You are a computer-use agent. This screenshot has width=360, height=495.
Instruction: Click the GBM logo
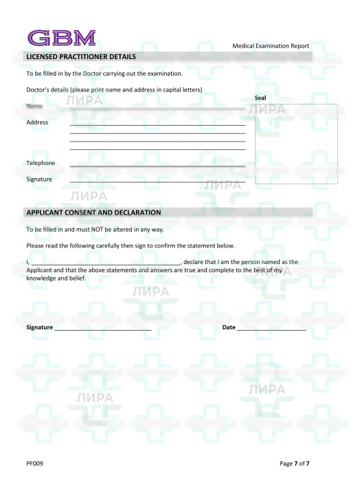coord(61,38)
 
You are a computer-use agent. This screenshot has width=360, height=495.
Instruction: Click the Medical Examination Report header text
coord(271,46)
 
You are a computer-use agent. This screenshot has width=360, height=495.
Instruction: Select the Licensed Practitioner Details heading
coord(81,56)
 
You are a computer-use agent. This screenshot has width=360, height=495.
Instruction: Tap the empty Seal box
coord(295,144)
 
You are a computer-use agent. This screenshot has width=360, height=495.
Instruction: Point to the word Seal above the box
coord(260,98)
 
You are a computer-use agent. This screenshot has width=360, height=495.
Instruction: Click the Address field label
coord(37,122)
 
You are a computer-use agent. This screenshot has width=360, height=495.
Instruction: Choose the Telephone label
coord(41,163)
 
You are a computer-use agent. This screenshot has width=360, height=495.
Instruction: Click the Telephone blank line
coord(157,166)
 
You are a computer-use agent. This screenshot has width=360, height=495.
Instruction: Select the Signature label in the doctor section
coord(39,179)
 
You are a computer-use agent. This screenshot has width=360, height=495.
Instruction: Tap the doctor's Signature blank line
coord(157,181)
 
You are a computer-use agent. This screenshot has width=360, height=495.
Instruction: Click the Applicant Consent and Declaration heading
coord(93,212)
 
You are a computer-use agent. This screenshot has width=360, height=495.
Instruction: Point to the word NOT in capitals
coord(97,229)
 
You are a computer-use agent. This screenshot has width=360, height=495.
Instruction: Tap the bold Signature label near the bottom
coord(39,327)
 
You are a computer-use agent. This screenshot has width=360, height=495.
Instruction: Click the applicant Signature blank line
coord(102,329)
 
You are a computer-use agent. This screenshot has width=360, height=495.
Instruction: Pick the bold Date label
coord(229,327)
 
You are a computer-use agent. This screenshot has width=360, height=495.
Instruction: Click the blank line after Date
coord(271,329)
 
